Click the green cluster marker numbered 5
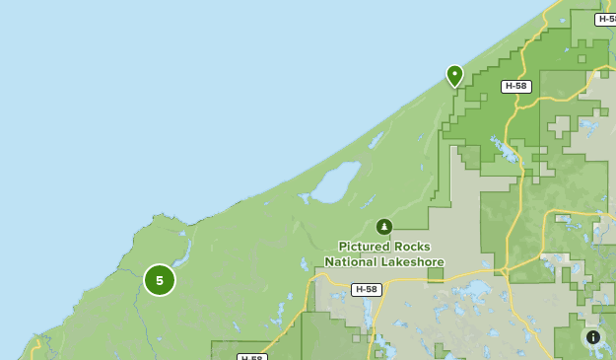(160, 280)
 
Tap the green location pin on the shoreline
(454, 75)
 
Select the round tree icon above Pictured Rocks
(383, 227)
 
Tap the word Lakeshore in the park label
(412, 262)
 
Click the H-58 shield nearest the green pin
(515, 87)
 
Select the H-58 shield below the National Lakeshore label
(366, 290)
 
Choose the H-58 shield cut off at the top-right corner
(606, 19)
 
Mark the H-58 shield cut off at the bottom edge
(252, 356)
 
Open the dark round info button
(593, 337)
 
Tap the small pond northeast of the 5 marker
(184, 234)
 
